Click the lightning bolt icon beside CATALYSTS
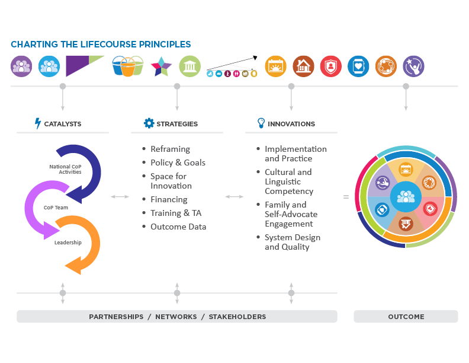38,123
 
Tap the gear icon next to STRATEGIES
149,123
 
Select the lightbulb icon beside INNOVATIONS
261,123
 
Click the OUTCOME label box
406,316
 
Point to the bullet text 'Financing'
168,200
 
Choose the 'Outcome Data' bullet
178,227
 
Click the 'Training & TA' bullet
176,214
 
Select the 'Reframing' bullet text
170,149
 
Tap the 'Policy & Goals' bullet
178,163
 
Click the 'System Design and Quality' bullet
292,242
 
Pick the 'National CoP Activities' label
65,169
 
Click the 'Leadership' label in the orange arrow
68,243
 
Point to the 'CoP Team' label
56,208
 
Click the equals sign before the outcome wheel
346,196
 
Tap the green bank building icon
189,66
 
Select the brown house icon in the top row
303,66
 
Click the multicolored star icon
161,66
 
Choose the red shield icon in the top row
331,66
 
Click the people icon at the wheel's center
406,196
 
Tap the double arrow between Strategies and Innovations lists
234,196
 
